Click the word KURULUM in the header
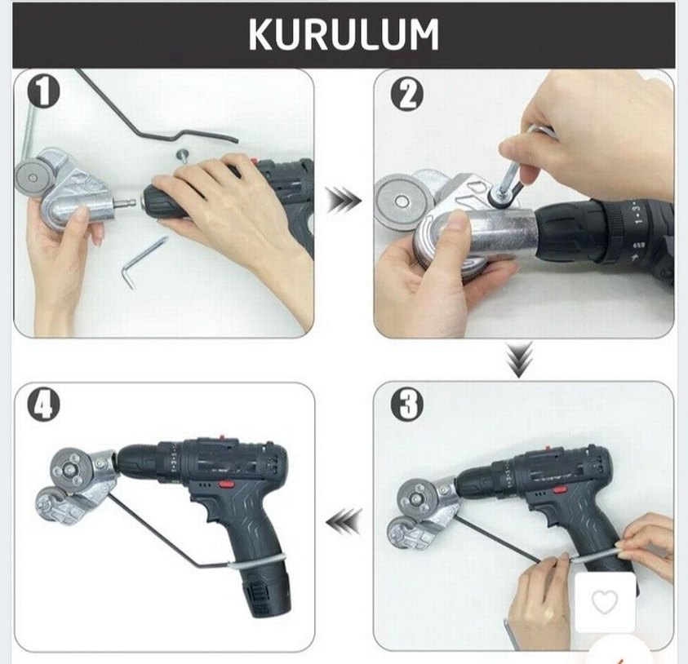(x=343, y=34)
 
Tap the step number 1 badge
(x=45, y=92)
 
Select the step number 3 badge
(x=406, y=405)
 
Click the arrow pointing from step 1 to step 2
(x=344, y=199)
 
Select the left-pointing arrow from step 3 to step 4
(x=344, y=519)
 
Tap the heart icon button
(x=604, y=602)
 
